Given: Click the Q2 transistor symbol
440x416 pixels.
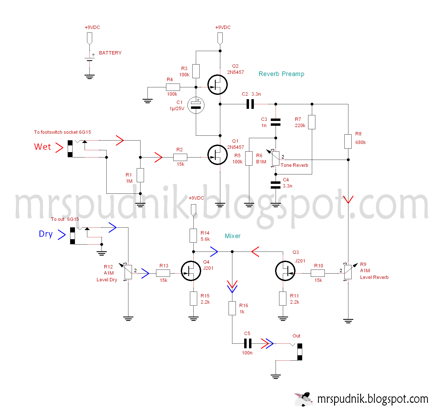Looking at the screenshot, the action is point(218,85).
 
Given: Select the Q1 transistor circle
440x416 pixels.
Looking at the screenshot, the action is point(218,155).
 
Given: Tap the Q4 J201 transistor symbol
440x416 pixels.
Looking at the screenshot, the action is point(191,271).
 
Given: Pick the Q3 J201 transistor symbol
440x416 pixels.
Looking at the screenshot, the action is point(285,271).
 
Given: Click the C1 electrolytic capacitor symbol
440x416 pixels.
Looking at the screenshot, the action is point(196,105).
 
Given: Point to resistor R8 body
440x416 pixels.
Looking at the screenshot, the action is point(348,141).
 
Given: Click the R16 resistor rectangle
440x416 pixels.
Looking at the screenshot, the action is point(232,308).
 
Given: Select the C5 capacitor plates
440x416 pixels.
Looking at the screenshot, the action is point(248,343).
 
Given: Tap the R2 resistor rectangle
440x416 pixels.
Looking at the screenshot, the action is point(180,157).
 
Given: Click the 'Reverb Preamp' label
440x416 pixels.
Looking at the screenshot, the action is point(281,74).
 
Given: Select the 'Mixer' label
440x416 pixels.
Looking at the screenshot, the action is point(233,236).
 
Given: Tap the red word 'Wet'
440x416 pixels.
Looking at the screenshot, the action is point(42,147).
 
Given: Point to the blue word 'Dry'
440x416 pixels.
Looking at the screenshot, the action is point(46,234).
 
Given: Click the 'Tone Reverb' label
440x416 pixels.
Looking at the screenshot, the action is point(294,165).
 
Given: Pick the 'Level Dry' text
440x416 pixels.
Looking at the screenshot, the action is point(107,280).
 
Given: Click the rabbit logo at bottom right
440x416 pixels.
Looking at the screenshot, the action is point(304,399).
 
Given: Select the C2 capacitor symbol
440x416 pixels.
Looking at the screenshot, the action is point(250,104).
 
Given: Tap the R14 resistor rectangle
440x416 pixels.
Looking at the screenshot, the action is point(193,236).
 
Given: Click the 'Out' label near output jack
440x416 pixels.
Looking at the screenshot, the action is point(296,336).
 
